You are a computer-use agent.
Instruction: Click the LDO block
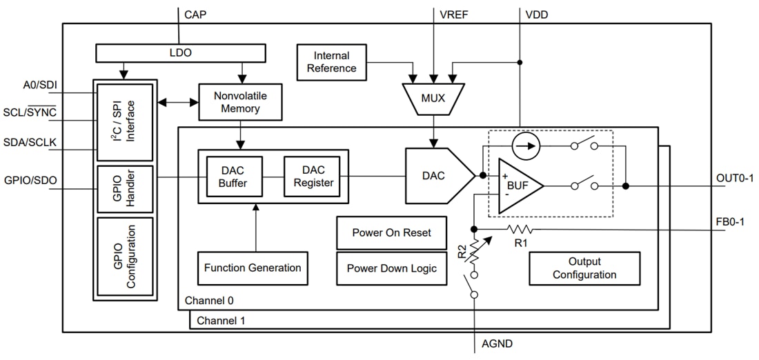point(180,53)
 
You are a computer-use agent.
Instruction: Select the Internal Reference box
point(331,61)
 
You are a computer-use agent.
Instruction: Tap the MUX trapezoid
point(433,98)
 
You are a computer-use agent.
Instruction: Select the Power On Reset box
point(391,233)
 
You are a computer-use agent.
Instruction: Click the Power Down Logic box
point(391,268)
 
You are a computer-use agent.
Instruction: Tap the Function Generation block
point(253,268)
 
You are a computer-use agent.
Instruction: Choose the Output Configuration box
point(584,268)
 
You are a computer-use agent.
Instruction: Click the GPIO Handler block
point(125,188)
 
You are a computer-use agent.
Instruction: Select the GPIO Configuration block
point(125,256)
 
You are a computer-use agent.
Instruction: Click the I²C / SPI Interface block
point(125,122)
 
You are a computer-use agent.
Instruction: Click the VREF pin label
point(453,14)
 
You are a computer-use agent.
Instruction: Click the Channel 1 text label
point(220,321)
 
